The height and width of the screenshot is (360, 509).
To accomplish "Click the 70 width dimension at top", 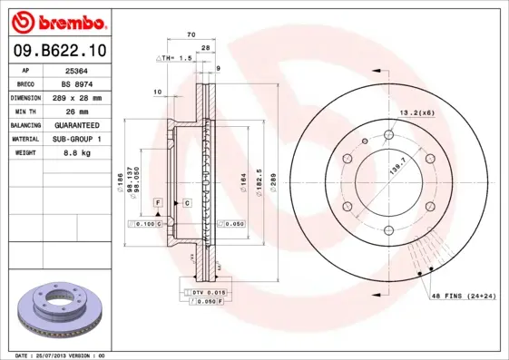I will [x=191, y=34].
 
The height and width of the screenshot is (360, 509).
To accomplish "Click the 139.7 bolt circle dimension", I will [x=396, y=166].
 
